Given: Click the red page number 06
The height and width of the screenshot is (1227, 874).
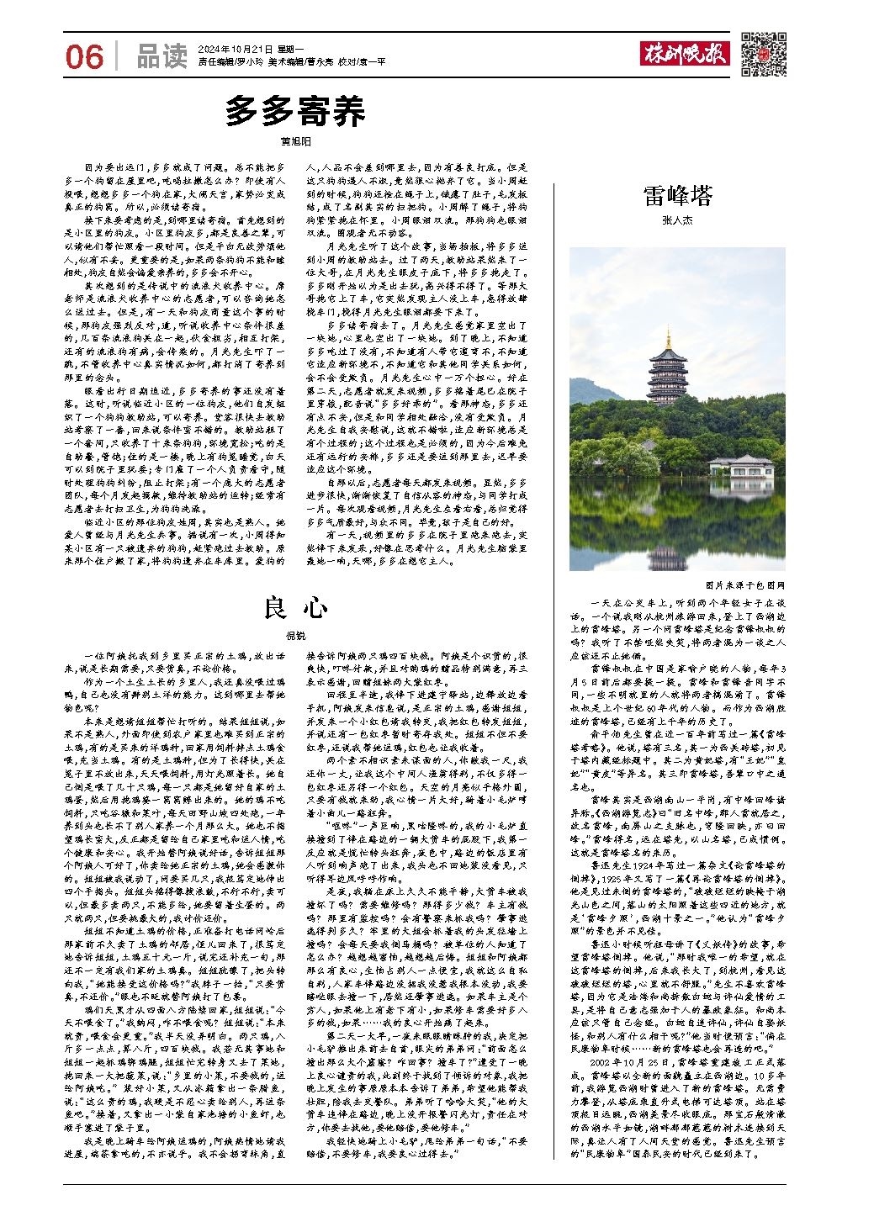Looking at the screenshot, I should [84, 56].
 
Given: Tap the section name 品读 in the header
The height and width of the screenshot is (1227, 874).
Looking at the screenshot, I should [162, 56].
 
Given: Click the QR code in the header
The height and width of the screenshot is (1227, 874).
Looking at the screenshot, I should [764, 55].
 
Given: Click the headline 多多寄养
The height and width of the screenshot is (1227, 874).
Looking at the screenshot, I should [295, 111].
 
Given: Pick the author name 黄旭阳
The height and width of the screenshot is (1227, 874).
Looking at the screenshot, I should [295, 142].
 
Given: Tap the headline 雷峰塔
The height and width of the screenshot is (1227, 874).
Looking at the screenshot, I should [678, 196].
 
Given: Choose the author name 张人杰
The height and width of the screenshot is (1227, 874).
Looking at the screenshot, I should [678, 220].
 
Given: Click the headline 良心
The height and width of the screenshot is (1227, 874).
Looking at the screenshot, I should [295, 606].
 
